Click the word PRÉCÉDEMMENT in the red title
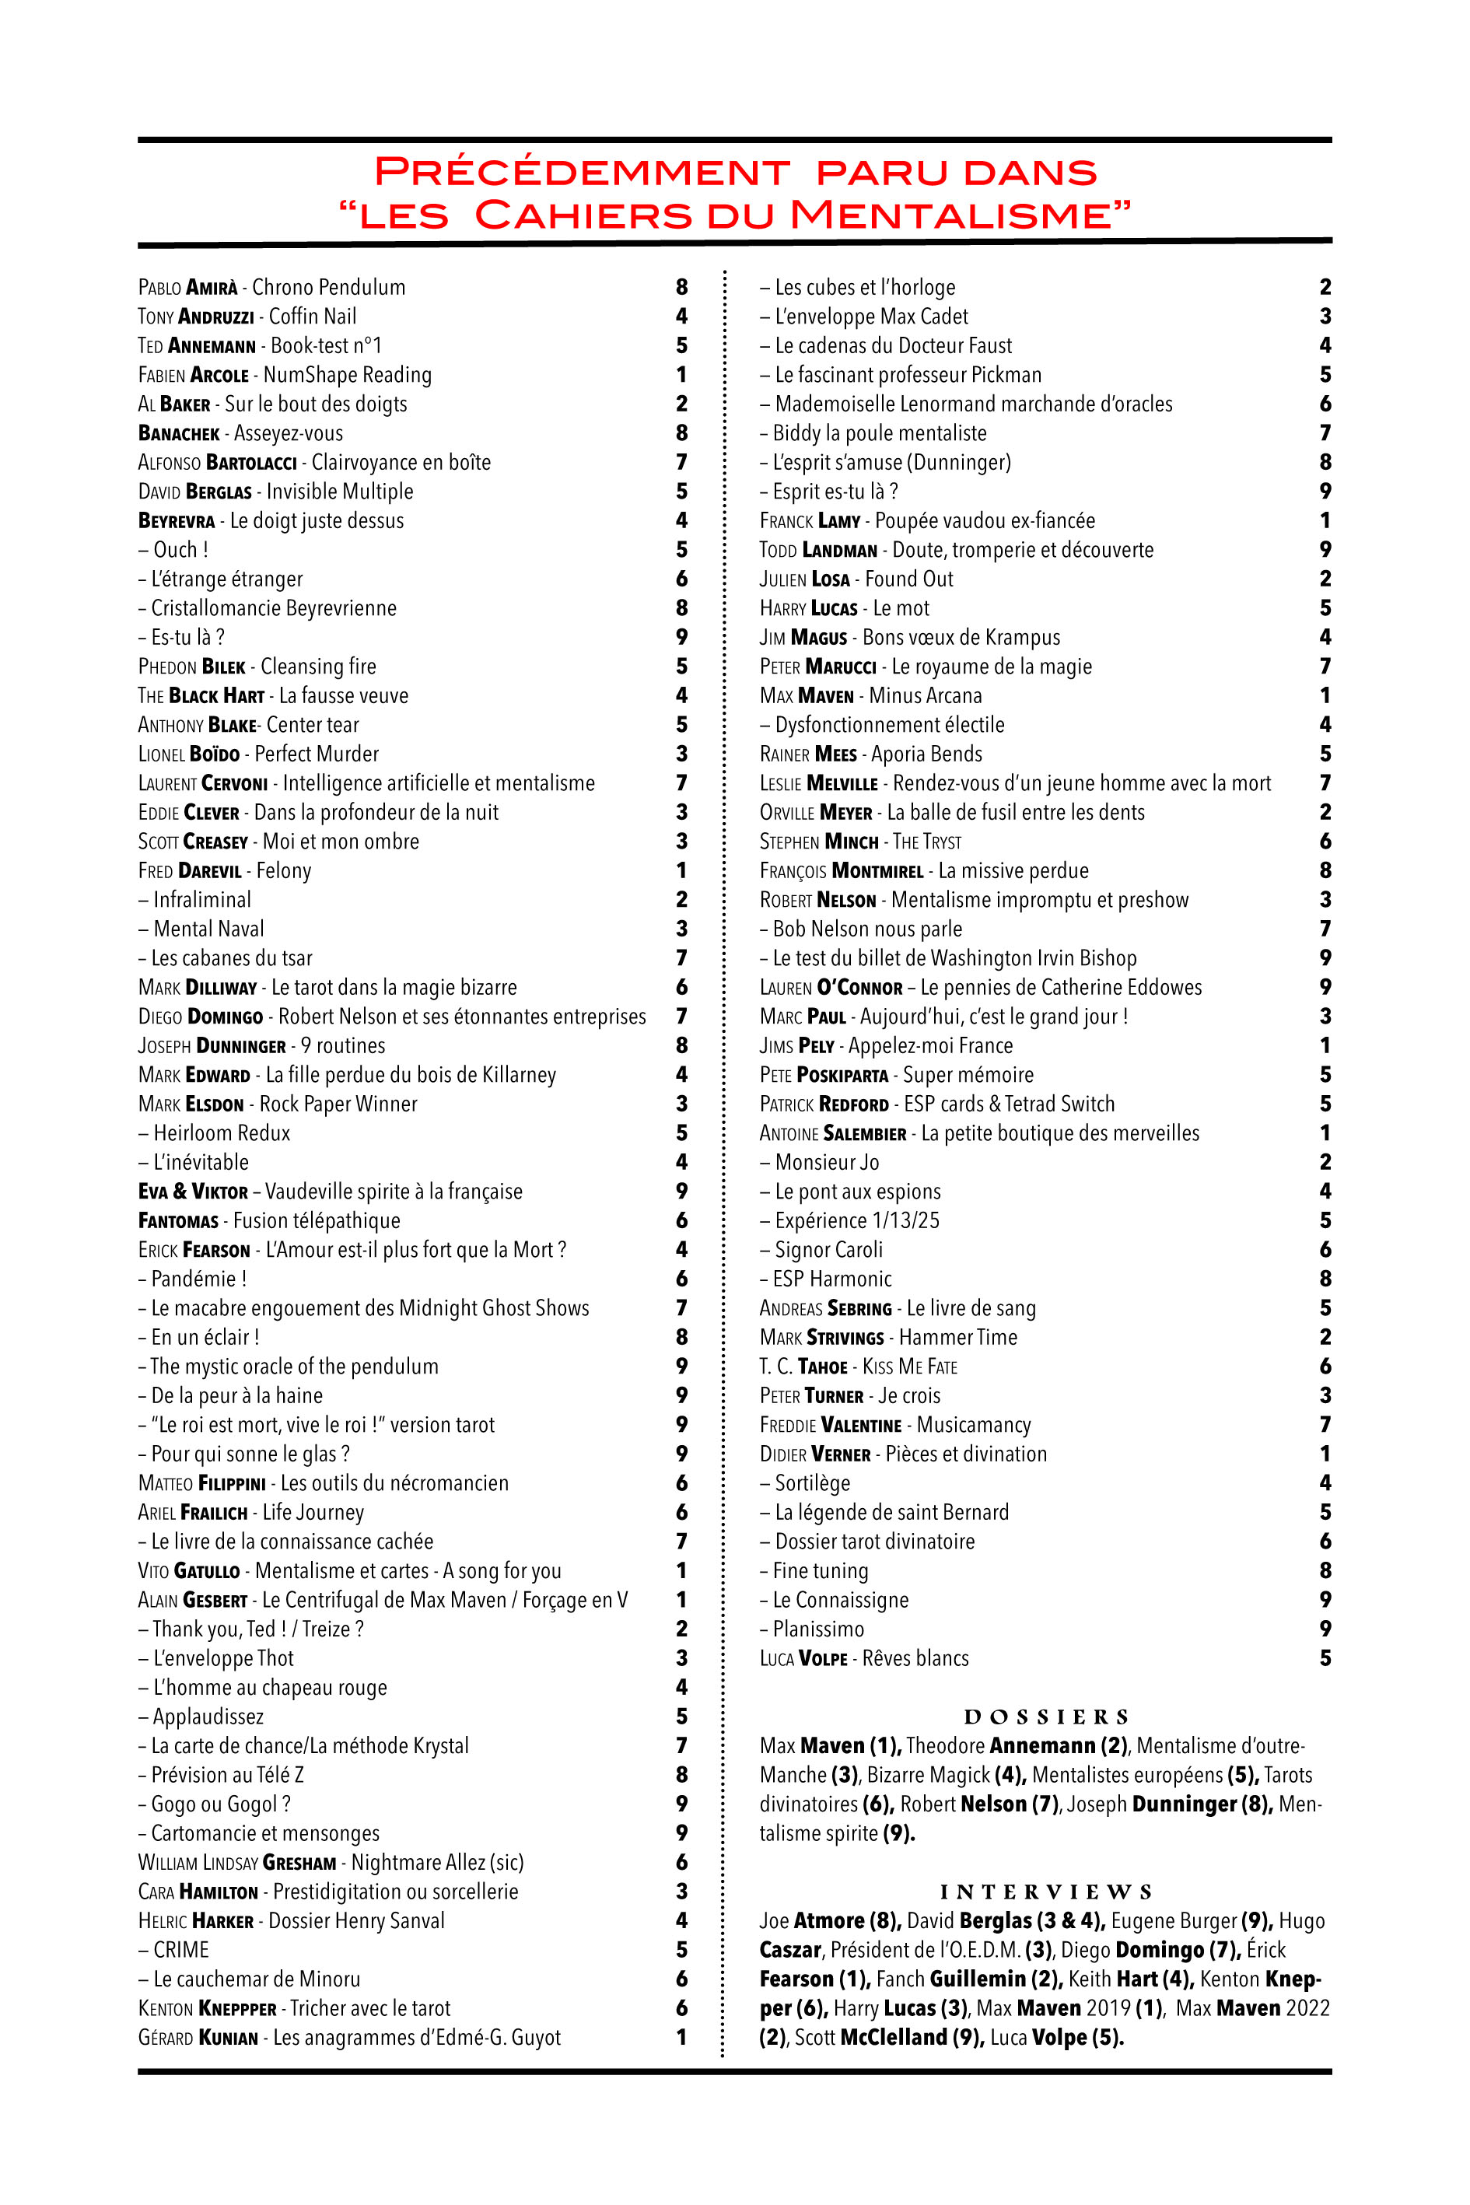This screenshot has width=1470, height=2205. [581, 173]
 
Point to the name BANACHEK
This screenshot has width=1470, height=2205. [178, 433]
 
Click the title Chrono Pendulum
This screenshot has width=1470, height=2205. [328, 287]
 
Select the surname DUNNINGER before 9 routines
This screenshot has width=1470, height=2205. [236, 1045]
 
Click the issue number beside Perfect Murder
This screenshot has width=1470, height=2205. [681, 754]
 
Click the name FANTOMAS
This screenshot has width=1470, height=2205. [177, 1220]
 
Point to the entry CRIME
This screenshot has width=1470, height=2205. [181, 1950]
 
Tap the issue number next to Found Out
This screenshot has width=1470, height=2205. [1325, 579]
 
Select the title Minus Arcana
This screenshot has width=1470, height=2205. [926, 695]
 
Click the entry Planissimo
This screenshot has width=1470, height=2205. [817, 1629]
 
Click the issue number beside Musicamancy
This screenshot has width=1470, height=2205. [1325, 1425]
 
